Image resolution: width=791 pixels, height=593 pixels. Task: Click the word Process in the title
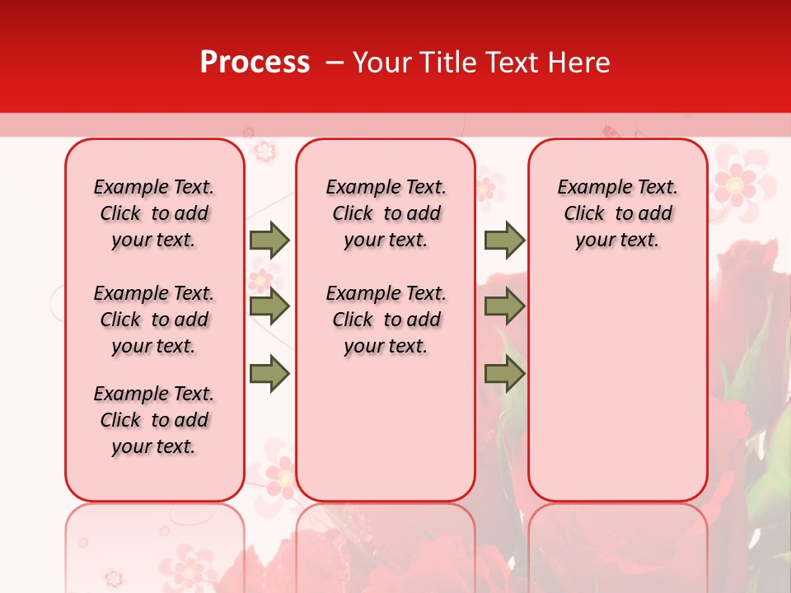click(x=255, y=63)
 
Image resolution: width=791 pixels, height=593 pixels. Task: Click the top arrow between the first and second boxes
click(x=269, y=240)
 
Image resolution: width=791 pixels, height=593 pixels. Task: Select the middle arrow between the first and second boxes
click(x=269, y=306)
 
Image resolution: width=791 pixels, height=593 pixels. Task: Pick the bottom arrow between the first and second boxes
click(x=269, y=374)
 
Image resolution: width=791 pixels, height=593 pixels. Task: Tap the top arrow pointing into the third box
click(x=504, y=240)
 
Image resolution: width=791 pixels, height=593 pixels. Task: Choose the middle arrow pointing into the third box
click(x=504, y=306)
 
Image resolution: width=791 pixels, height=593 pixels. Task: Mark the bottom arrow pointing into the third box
click(x=504, y=374)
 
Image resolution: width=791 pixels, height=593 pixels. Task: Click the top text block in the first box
click(x=154, y=213)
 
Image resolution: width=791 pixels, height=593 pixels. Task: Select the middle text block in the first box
click(x=154, y=320)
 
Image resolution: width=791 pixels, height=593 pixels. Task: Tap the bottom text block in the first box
click(x=154, y=420)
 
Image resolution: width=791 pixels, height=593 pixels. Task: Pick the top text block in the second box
click(x=386, y=213)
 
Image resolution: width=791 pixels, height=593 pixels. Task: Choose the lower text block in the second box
click(x=386, y=320)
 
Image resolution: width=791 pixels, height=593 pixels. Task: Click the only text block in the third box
click(x=617, y=213)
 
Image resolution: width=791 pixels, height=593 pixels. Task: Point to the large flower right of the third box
click(x=734, y=183)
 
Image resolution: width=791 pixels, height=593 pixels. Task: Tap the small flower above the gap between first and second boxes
click(x=264, y=151)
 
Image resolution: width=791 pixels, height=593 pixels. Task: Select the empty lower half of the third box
click(x=617, y=395)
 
